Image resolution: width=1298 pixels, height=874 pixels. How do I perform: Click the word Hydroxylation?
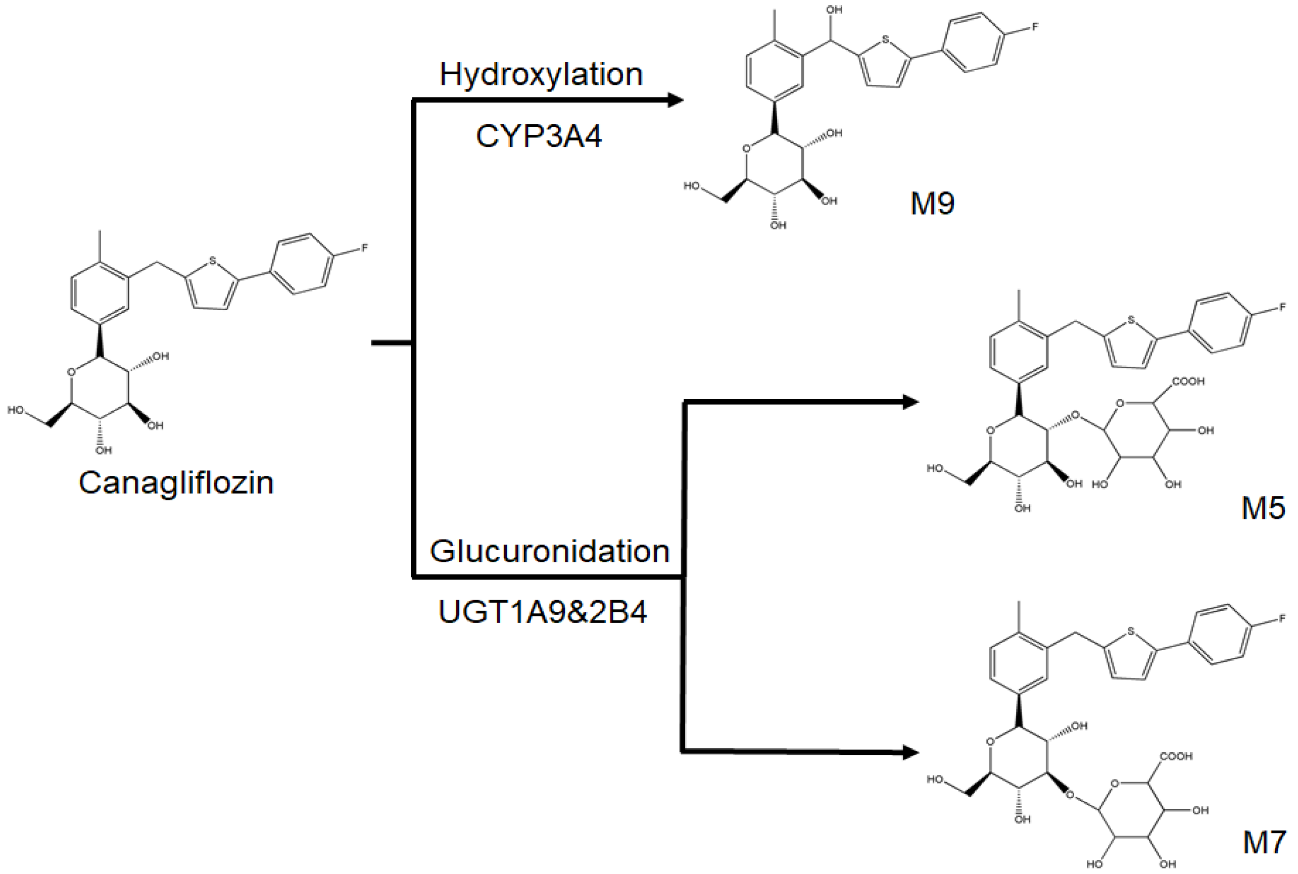tap(541, 74)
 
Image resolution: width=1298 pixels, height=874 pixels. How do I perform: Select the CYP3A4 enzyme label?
tap(539, 136)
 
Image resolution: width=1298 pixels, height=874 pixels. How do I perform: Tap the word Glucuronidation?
tap(549, 551)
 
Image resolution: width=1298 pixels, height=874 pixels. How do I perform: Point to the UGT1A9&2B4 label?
tap(542, 612)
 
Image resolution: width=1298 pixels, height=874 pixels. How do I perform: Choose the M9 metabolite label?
tap(932, 203)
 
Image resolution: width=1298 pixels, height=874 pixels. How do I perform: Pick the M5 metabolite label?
tap(1263, 508)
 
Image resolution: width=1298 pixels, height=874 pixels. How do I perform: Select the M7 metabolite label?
tap(1264, 842)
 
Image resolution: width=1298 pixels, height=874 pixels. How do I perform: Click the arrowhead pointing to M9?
tap(675, 101)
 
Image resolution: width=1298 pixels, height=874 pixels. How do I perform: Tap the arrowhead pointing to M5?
tap(910, 402)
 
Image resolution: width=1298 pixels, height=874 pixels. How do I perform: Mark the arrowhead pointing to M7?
tap(910, 752)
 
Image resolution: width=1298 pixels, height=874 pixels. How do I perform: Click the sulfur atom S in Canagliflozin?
tap(212, 260)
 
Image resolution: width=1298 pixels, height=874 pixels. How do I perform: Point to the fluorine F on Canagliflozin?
tap(364, 248)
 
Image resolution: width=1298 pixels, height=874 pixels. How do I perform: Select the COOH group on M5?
tap(1188, 381)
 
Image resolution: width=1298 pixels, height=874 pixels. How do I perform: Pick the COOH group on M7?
tap(1176, 756)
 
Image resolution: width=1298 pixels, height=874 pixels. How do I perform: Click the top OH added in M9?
tap(834, 10)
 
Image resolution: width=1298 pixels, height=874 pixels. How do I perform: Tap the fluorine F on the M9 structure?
tap(1035, 27)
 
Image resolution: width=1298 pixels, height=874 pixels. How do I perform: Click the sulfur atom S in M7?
tap(1131, 632)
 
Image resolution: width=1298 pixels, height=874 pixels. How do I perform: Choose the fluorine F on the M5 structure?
tap(1282, 307)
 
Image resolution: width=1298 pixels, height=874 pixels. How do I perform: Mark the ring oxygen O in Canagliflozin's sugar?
tap(71, 372)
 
